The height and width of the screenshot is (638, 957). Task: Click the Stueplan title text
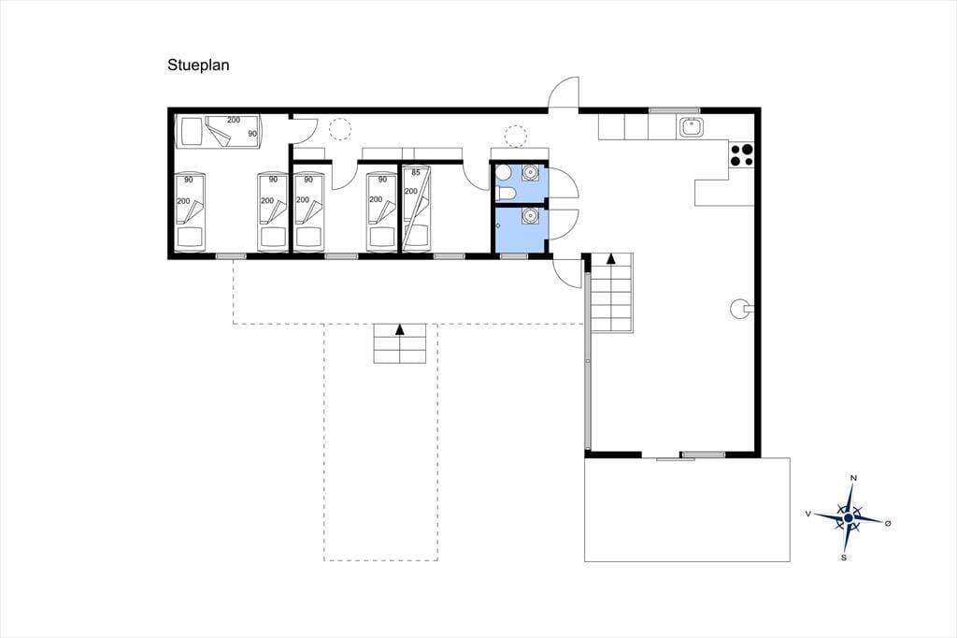198,65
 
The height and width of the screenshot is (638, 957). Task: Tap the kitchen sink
692,127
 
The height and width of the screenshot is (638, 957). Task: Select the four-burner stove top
741,154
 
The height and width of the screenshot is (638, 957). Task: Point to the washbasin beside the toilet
531,172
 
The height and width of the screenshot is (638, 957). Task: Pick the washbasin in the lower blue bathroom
531,216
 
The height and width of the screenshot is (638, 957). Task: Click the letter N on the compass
854,478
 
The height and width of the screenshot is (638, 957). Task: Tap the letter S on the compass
844,558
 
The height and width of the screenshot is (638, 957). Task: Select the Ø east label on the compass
888,524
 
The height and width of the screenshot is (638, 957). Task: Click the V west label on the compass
808,514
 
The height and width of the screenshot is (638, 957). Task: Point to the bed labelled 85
416,208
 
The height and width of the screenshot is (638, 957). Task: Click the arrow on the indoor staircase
610,258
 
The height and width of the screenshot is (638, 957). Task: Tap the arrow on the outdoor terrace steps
400,329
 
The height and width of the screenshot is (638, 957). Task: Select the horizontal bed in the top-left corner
219,131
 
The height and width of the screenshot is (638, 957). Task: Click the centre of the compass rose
848,518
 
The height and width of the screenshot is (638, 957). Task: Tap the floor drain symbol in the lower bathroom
498,225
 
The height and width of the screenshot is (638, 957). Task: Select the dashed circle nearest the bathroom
516,136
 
